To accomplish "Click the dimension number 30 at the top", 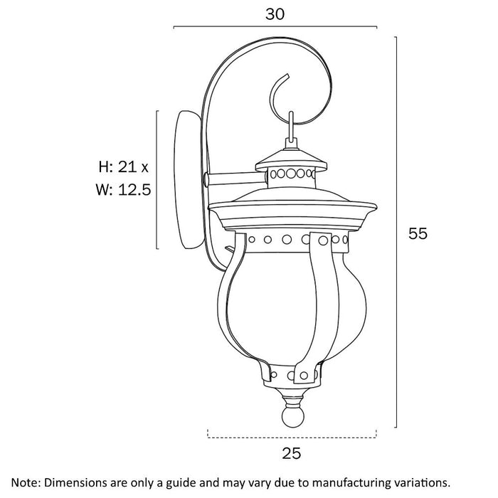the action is click(275, 14).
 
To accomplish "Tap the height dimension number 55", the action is click(418, 233).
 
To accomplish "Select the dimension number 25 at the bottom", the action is click(291, 453).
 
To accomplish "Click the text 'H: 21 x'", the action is click(124, 166).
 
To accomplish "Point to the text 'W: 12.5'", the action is click(124, 190).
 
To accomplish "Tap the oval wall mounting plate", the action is click(188, 180).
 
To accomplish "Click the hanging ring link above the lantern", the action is click(291, 127).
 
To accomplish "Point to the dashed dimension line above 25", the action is click(292, 438).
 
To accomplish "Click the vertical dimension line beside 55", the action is click(396, 232).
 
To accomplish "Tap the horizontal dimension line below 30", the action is click(275, 27).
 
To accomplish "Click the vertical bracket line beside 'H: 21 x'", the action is click(157, 180).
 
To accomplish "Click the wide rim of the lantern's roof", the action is click(292, 207).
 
